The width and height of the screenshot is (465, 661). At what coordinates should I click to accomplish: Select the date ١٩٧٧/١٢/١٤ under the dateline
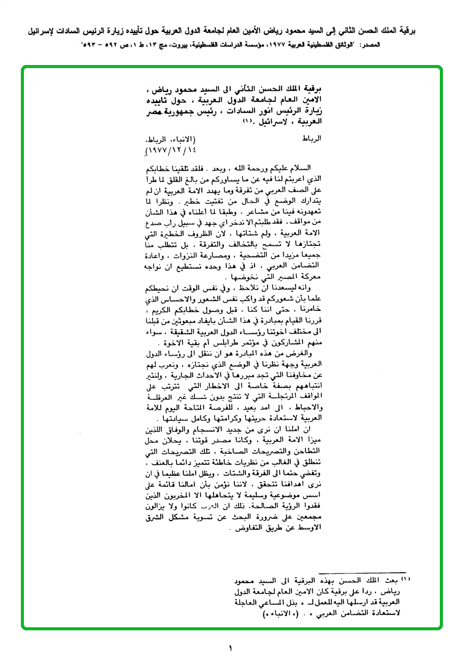click(x=166, y=149)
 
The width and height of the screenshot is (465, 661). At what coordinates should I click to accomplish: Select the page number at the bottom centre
click(x=232, y=648)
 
